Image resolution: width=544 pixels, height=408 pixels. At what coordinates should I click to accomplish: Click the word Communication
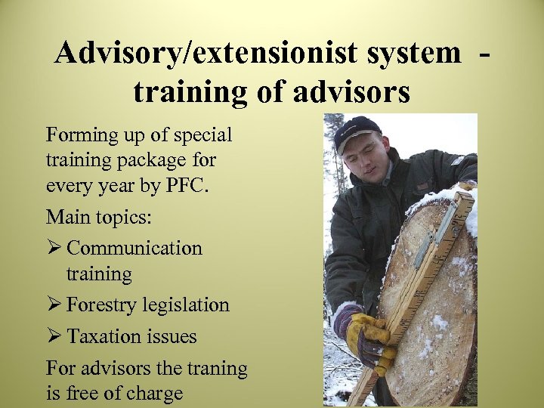coord(134,248)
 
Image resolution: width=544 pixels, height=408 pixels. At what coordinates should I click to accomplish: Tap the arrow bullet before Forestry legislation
coord(54,305)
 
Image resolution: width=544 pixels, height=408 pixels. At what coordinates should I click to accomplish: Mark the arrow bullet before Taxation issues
coord(54,336)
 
